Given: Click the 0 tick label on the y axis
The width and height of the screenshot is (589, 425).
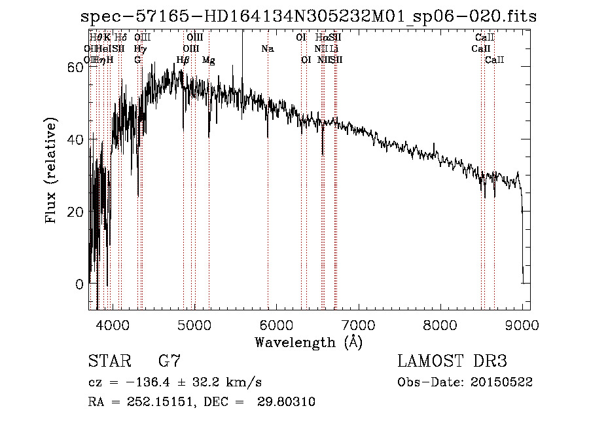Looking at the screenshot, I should pyautogui.click(x=79, y=284).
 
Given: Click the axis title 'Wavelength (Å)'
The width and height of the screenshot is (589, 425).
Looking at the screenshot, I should pyautogui.click(x=308, y=342).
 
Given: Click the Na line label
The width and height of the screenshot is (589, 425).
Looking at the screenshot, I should pyautogui.click(x=267, y=49).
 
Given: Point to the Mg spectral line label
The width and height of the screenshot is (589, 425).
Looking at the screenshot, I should pyautogui.click(x=209, y=60).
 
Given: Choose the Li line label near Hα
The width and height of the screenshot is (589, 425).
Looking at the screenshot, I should pyautogui.click(x=334, y=49).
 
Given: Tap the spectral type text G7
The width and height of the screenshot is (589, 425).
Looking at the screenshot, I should pyautogui.click(x=170, y=361).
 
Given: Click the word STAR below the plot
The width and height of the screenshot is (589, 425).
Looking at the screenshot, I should pyautogui.click(x=109, y=361).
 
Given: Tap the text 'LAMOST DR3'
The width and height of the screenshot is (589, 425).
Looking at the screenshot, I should pyautogui.click(x=452, y=361).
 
